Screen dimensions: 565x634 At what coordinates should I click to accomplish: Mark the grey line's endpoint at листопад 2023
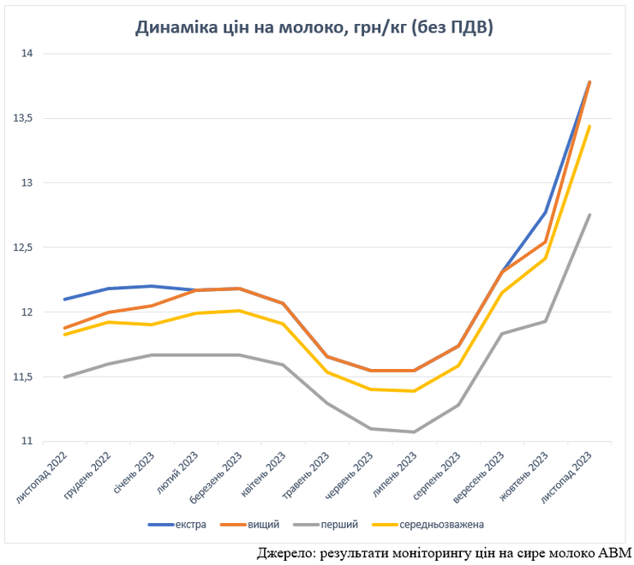[x=589, y=215]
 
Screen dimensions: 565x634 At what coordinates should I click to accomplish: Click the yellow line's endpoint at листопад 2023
[x=589, y=126]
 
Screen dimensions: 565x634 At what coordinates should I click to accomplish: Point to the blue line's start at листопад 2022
[x=64, y=300]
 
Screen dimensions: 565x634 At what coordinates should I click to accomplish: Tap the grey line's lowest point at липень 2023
[x=415, y=432]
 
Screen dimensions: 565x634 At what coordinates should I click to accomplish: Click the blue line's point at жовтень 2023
[x=546, y=212]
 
